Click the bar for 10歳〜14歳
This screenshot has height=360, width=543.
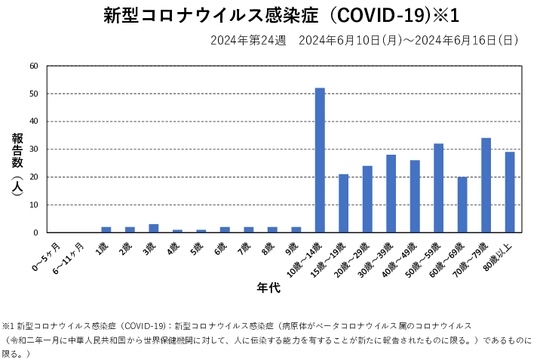click(320, 160)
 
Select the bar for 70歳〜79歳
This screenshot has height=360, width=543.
click(486, 185)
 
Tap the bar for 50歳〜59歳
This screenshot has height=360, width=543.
click(438, 188)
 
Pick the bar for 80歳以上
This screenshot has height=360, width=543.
click(510, 192)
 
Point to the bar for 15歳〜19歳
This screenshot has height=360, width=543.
click(343, 203)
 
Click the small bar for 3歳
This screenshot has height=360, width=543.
click(154, 229)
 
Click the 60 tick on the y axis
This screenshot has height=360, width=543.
click(33, 66)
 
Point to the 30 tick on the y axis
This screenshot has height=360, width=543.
click(33, 149)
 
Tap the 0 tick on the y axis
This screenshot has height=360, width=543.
click(35, 232)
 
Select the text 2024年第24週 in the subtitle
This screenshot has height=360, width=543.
click(248, 40)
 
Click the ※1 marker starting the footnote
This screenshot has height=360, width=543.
click(9, 325)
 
